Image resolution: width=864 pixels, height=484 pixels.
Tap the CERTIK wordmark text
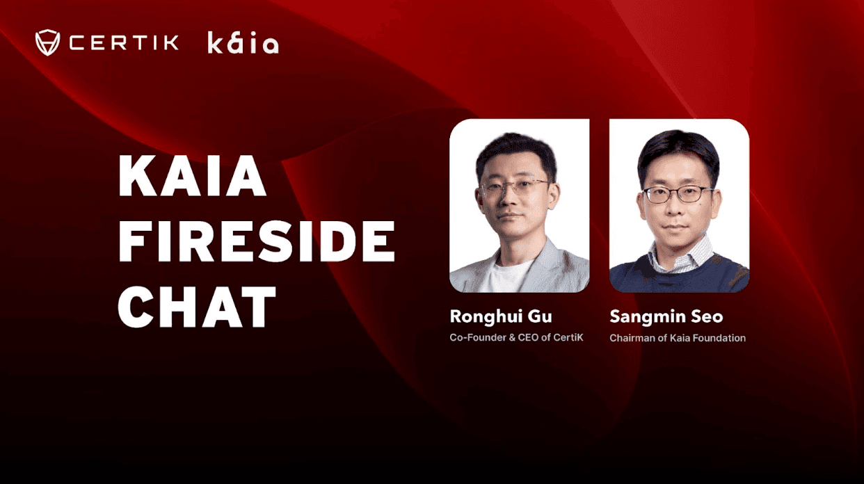click(124, 43)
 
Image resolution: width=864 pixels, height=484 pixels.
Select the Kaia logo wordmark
click(243, 43)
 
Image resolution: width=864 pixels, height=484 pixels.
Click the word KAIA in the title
click(193, 178)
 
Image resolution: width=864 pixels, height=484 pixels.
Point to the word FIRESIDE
click(256, 243)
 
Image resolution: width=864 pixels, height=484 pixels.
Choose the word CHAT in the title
click(197, 307)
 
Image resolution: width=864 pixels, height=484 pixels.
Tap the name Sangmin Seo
click(666, 316)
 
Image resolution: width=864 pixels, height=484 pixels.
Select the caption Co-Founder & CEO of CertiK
click(516, 338)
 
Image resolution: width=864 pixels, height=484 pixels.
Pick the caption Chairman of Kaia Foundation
click(678, 338)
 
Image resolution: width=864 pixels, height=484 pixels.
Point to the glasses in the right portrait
click(678, 194)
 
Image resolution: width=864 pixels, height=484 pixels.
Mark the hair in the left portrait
click(515, 149)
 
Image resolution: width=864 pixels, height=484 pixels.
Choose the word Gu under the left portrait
click(540, 316)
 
